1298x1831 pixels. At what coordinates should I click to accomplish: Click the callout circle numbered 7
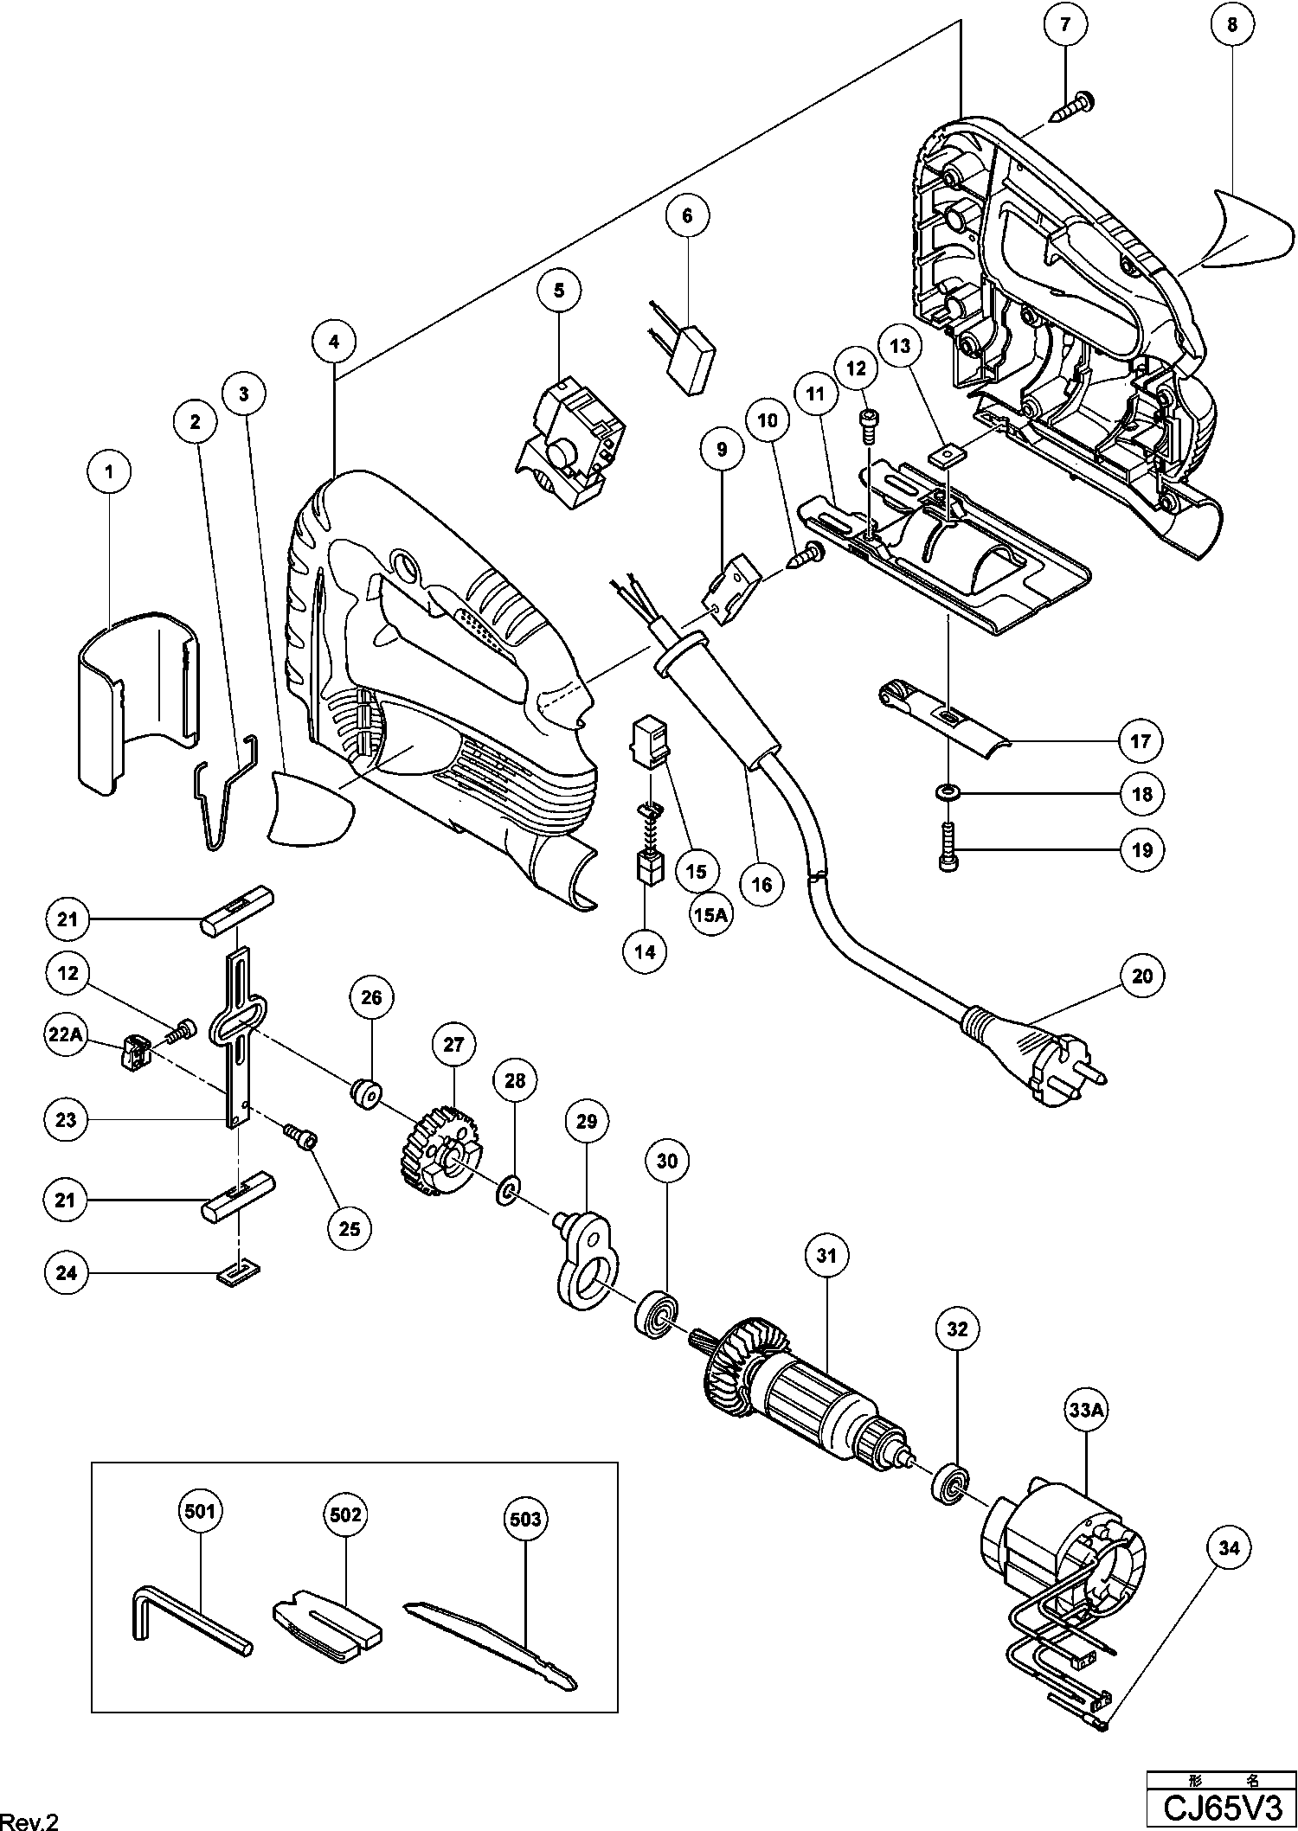coord(1065,24)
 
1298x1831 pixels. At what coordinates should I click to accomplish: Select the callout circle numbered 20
coord(1142,976)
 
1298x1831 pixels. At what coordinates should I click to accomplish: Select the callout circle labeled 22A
coord(66,1036)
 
